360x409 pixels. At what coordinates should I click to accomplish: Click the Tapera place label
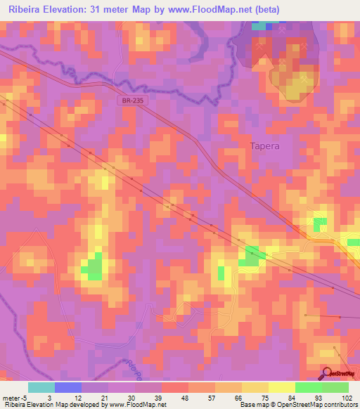pos(265,146)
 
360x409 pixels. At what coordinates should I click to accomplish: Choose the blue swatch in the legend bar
pos(68,387)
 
